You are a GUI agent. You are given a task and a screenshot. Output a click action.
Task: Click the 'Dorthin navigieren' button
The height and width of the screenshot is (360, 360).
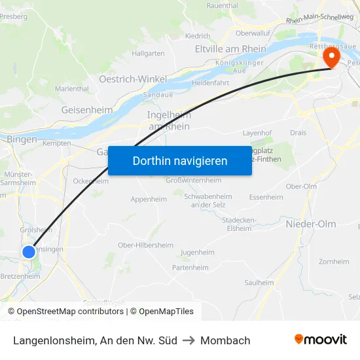[179, 160]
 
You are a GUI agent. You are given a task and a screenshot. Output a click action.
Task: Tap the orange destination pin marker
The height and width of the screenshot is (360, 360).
[332, 58]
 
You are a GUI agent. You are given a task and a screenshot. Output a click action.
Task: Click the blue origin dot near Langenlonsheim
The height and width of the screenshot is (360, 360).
[29, 252]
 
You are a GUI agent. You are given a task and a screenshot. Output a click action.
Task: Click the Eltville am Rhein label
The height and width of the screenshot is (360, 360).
[230, 49]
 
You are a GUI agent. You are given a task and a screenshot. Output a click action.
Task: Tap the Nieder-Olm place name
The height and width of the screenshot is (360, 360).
[311, 224]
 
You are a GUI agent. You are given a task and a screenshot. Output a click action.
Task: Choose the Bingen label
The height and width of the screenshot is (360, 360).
[22, 139]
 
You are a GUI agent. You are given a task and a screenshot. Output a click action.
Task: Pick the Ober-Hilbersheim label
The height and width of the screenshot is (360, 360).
[145, 245]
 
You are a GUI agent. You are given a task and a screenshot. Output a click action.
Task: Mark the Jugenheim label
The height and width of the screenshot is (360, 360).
[197, 252]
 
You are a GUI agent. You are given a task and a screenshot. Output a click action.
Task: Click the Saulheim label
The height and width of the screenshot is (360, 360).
[259, 283]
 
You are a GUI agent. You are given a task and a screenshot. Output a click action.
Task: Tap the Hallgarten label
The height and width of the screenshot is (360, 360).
[148, 53]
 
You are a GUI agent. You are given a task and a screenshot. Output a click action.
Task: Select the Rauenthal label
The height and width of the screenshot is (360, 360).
[223, 5]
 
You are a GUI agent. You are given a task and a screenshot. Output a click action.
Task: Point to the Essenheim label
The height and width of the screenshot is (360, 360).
[266, 197]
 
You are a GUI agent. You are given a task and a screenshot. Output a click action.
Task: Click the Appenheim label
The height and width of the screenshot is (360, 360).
[149, 199]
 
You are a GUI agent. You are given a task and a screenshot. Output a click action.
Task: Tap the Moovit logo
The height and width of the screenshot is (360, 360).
[321, 340]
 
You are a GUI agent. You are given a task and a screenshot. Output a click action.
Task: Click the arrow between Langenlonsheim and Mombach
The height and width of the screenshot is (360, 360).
[189, 340]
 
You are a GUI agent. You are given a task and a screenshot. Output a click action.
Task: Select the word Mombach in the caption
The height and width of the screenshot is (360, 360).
[225, 340]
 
